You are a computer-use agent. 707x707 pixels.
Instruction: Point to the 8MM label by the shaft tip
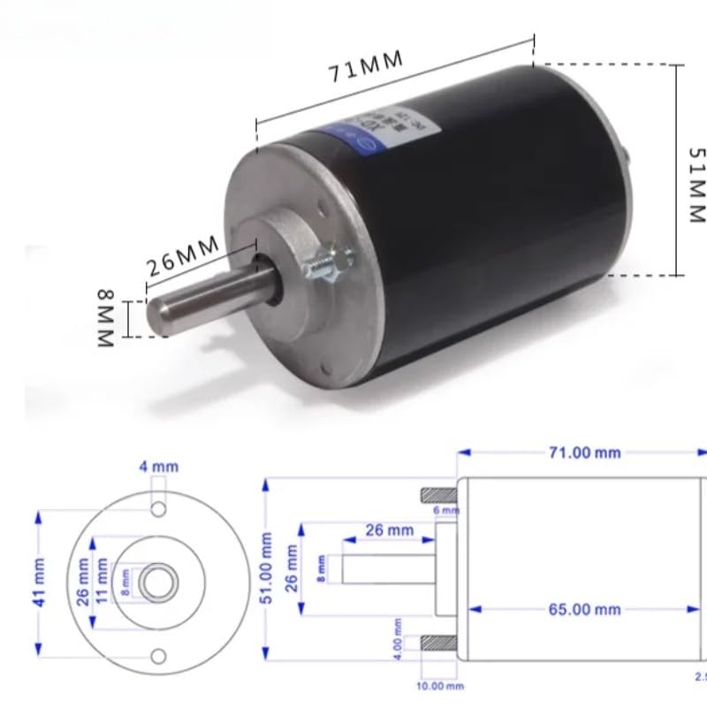104,315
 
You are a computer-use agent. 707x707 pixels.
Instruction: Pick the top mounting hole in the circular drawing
158,510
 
